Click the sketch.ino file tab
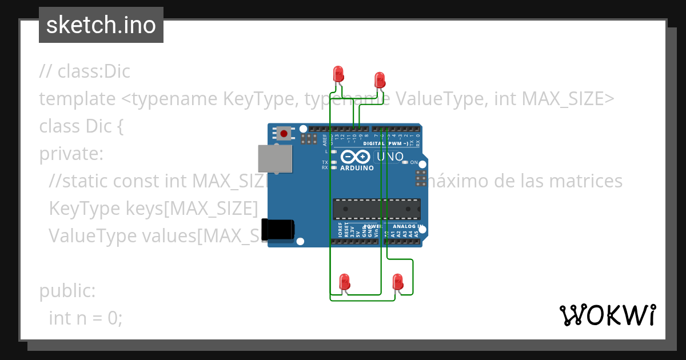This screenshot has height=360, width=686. coord(101,25)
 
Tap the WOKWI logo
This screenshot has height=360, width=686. coord(607,315)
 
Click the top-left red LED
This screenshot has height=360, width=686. coord(338,73)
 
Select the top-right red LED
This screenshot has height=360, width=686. coord(379,79)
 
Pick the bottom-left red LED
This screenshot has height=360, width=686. coord(344,282)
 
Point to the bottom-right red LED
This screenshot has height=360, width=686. coord(398,282)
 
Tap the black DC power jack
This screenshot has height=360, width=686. coord(278,229)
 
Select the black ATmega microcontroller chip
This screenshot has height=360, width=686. coord(377,209)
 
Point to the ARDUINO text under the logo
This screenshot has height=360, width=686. coord(357,168)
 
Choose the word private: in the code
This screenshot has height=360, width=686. coord(71,154)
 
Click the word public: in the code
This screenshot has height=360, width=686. coord(67,291)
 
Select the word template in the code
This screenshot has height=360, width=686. coord(77,99)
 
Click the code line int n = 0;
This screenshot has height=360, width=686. coord(86,318)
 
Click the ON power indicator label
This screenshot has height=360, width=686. coord(414,162)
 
